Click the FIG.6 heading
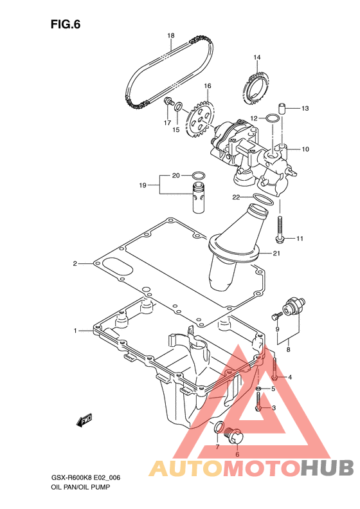click(65, 24)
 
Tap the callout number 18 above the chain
click(171, 35)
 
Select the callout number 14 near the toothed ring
click(257, 57)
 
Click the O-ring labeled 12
click(272, 118)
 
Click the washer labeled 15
click(178, 106)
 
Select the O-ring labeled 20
click(198, 176)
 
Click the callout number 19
click(143, 185)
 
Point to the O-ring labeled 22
click(263, 200)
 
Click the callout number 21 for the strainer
click(276, 253)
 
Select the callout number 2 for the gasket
click(75, 264)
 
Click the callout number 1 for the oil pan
click(75, 331)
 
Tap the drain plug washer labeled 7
click(219, 427)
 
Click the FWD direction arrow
click(84, 420)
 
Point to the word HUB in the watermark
click(327, 468)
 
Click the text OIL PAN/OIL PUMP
click(81, 487)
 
